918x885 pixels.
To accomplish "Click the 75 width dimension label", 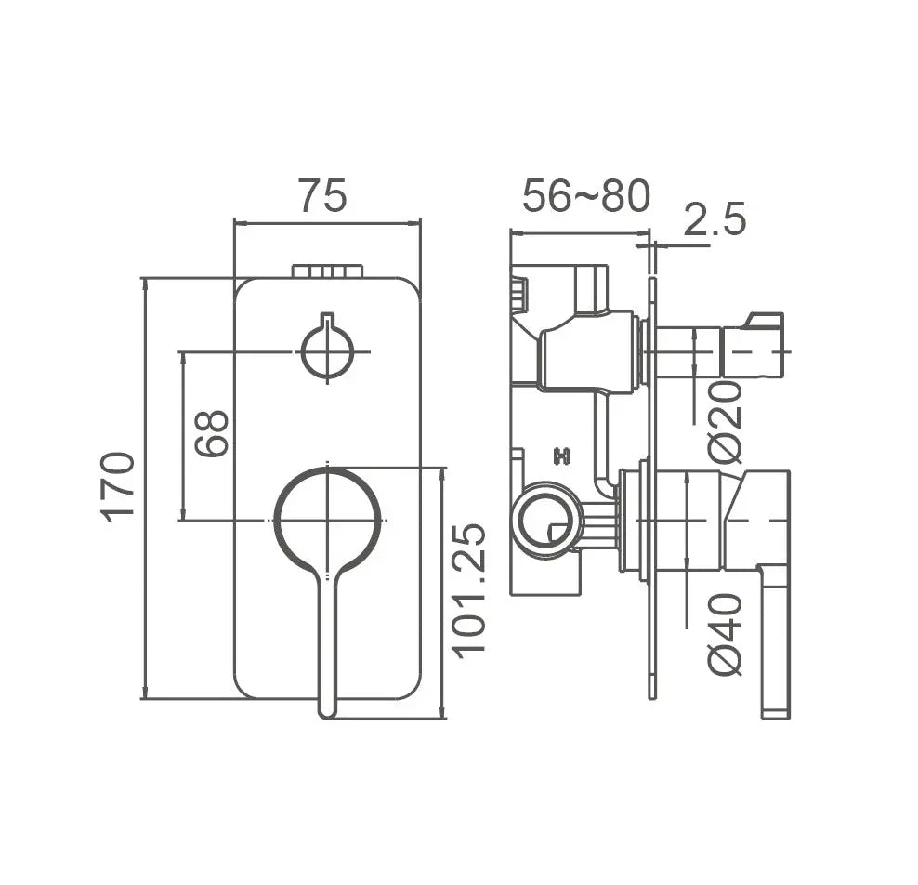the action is coord(323,195).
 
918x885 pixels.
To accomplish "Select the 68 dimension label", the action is coord(211,433).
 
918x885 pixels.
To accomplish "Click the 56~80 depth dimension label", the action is coord(586,195).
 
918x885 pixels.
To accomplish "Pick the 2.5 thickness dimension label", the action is coord(715,219).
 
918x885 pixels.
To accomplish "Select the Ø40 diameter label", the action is coord(726,635).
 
